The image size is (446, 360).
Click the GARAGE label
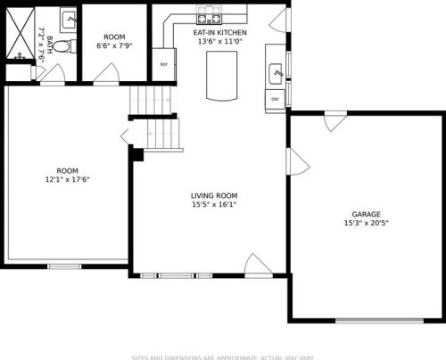366,214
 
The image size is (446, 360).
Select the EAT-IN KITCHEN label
220,32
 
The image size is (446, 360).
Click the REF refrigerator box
164,64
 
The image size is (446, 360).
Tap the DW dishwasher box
275,98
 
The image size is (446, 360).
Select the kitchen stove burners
209,17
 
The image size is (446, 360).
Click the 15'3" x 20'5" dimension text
366,223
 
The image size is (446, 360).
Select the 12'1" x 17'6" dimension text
68,179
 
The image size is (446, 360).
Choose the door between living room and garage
295,161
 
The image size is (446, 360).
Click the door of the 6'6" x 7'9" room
104,75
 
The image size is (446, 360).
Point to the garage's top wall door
335,122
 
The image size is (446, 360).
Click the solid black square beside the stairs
136,154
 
